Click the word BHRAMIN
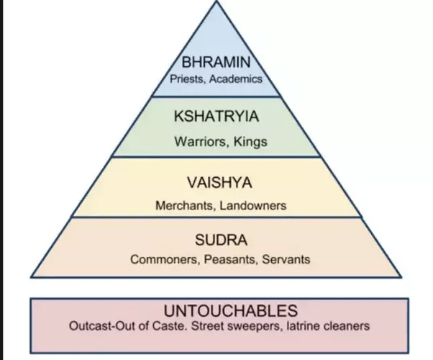[x=216, y=63]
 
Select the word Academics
[x=237, y=79]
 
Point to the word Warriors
[x=199, y=141]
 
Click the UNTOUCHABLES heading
[x=220, y=311]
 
